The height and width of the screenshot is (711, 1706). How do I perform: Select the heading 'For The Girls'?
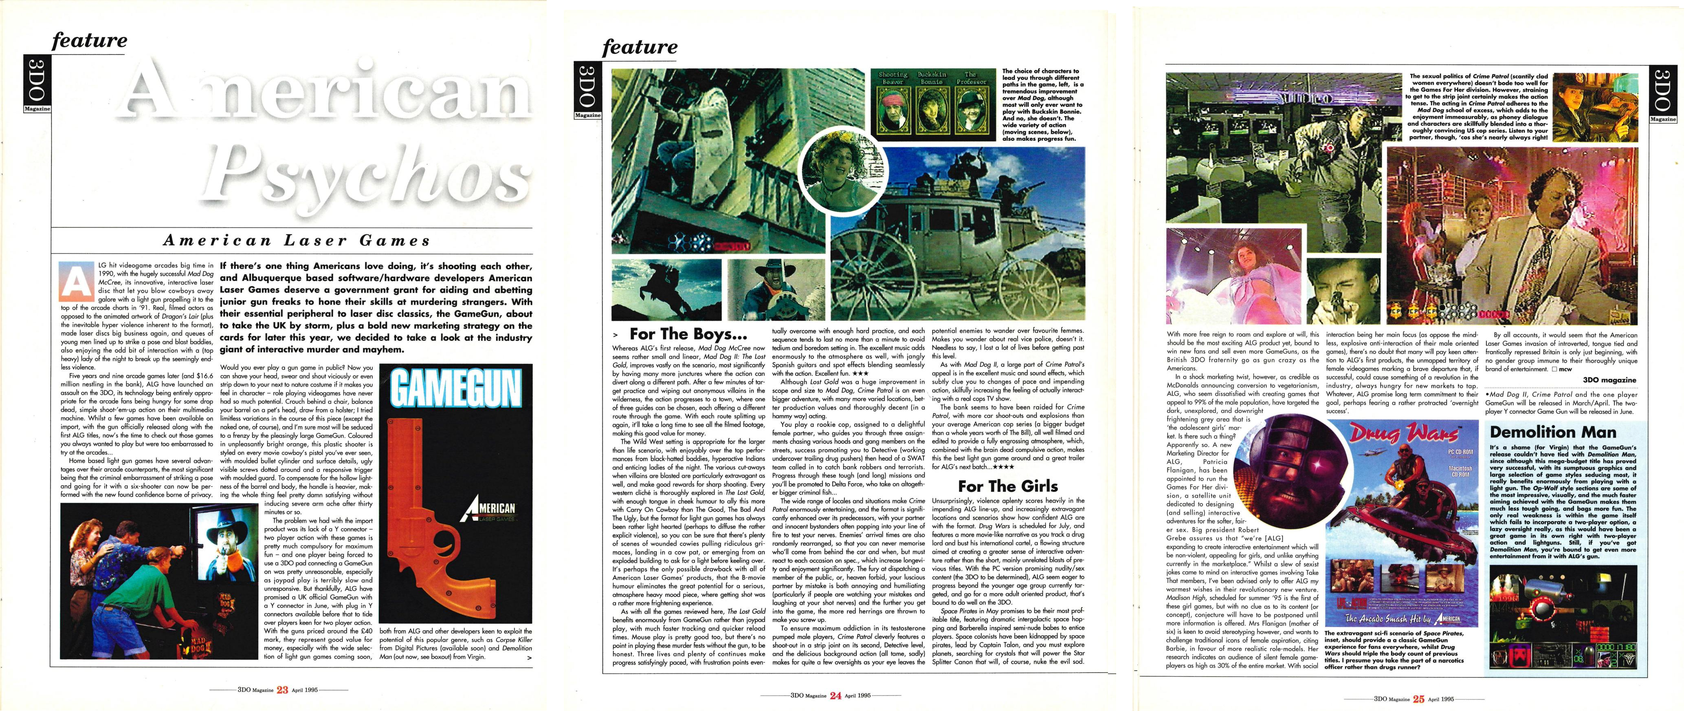point(1007,486)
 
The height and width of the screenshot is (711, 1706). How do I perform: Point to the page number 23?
point(282,689)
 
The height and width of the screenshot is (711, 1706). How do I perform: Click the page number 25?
point(1418,698)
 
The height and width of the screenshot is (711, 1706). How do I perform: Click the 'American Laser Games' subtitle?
point(296,241)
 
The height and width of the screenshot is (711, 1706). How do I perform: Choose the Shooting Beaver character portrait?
point(893,110)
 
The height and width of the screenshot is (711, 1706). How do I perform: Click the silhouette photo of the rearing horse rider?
point(666,288)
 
